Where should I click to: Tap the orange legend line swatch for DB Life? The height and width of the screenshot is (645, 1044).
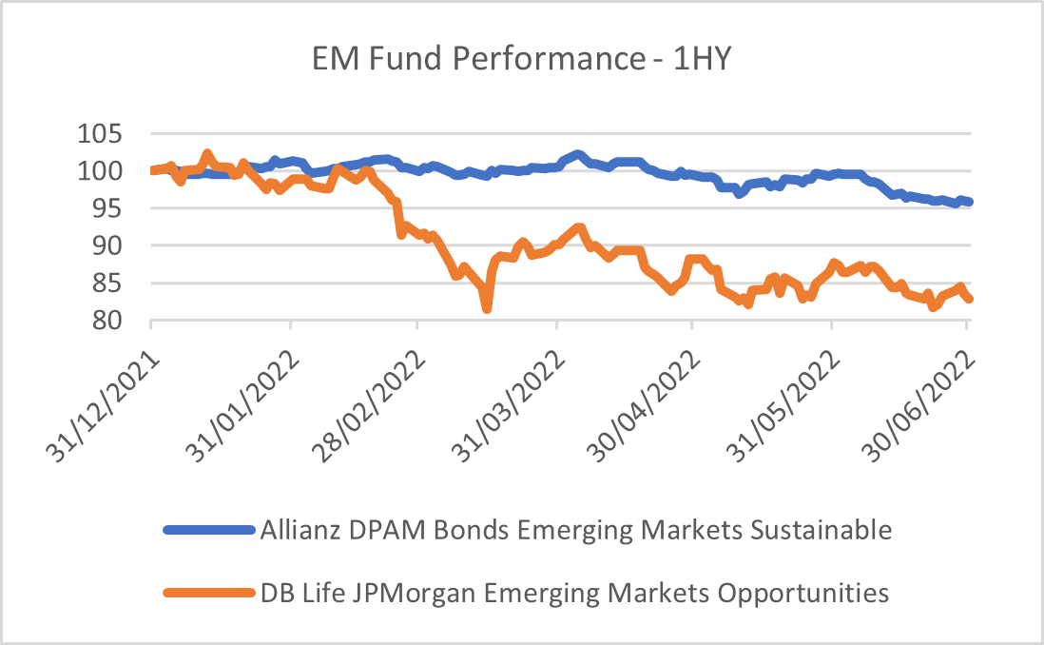click(x=209, y=594)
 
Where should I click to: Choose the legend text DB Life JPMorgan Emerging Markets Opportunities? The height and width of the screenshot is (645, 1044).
click(x=574, y=594)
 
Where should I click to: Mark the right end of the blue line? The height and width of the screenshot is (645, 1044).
click(x=968, y=202)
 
